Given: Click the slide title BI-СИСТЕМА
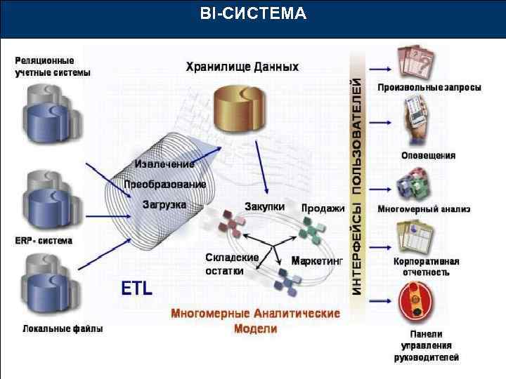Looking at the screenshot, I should point(253,13).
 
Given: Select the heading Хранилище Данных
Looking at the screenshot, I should point(242,67).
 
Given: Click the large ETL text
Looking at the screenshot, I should point(137,288).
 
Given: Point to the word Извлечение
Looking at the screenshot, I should point(164,164).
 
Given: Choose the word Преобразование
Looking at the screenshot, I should point(165,185).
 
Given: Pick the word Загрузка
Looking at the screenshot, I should point(164,205).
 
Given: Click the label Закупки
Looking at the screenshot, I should point(264,207).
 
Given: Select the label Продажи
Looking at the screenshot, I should point(323,208).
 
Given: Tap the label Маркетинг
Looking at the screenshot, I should point(317,260).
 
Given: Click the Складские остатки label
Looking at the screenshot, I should point(232,264).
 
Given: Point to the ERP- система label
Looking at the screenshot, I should point(44,241).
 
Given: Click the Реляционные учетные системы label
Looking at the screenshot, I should point(53,67).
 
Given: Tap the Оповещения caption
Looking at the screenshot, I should point(428,155).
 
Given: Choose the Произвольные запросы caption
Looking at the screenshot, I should point(429,88).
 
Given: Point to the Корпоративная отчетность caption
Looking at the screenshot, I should point(427,267).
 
